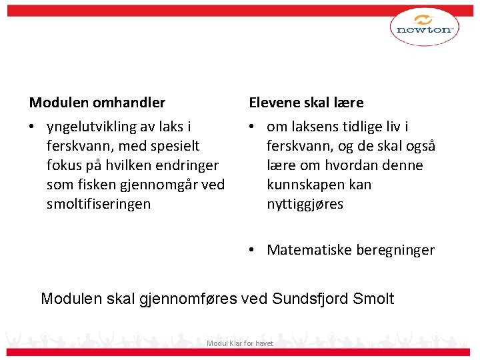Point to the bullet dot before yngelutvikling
click(x=33, y=127)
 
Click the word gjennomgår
click(x=167, y=184)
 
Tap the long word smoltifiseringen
click(x=99, y=203)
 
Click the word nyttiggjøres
click(x=305, y=203)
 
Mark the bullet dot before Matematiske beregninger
click(x=253, y=250)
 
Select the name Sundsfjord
click(x=311, y=298)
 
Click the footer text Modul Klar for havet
click(x=240, y=343)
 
